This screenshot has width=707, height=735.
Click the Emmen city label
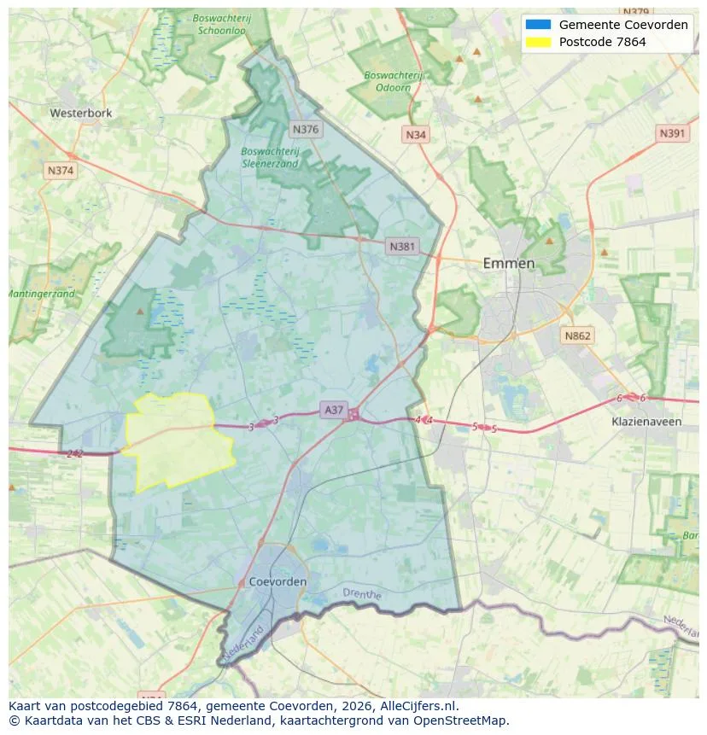click(508, 263)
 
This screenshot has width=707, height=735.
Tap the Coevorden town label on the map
click(278, 581)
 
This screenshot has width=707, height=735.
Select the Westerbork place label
click(80, 113)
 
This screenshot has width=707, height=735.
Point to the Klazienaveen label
click(646, 422)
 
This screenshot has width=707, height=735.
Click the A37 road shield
click(333, 411)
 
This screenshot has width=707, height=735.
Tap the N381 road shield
click(401, 247)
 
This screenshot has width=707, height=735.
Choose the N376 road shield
click(305, 130)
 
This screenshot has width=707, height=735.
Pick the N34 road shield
click(416, 135)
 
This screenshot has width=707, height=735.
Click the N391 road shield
click(672, 134)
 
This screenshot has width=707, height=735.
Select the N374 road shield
click(61, 171)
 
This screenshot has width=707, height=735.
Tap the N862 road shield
click(577, 335)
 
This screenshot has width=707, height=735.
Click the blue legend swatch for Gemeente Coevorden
click(539, 25)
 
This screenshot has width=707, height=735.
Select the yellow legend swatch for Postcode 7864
click(539, 42)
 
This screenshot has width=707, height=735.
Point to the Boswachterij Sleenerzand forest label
click(270, 157)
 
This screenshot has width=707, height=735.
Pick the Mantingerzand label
click(41, 294)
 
